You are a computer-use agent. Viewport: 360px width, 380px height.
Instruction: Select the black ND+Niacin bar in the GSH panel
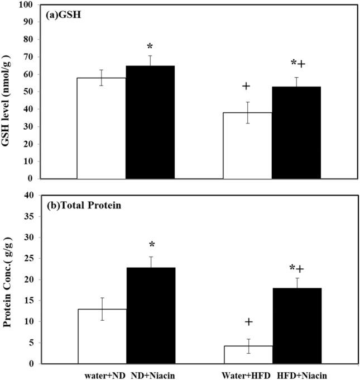click(x=150, y=122)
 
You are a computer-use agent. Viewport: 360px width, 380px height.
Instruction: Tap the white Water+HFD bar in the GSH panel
click(x=247, y=145)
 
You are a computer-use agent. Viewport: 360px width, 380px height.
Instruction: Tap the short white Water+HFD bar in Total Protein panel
click(x=247, y=355)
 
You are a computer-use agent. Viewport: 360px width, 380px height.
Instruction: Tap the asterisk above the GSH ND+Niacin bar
click(x=150, y=46)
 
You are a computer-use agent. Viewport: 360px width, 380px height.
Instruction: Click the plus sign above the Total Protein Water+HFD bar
click(x=248, y=322)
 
